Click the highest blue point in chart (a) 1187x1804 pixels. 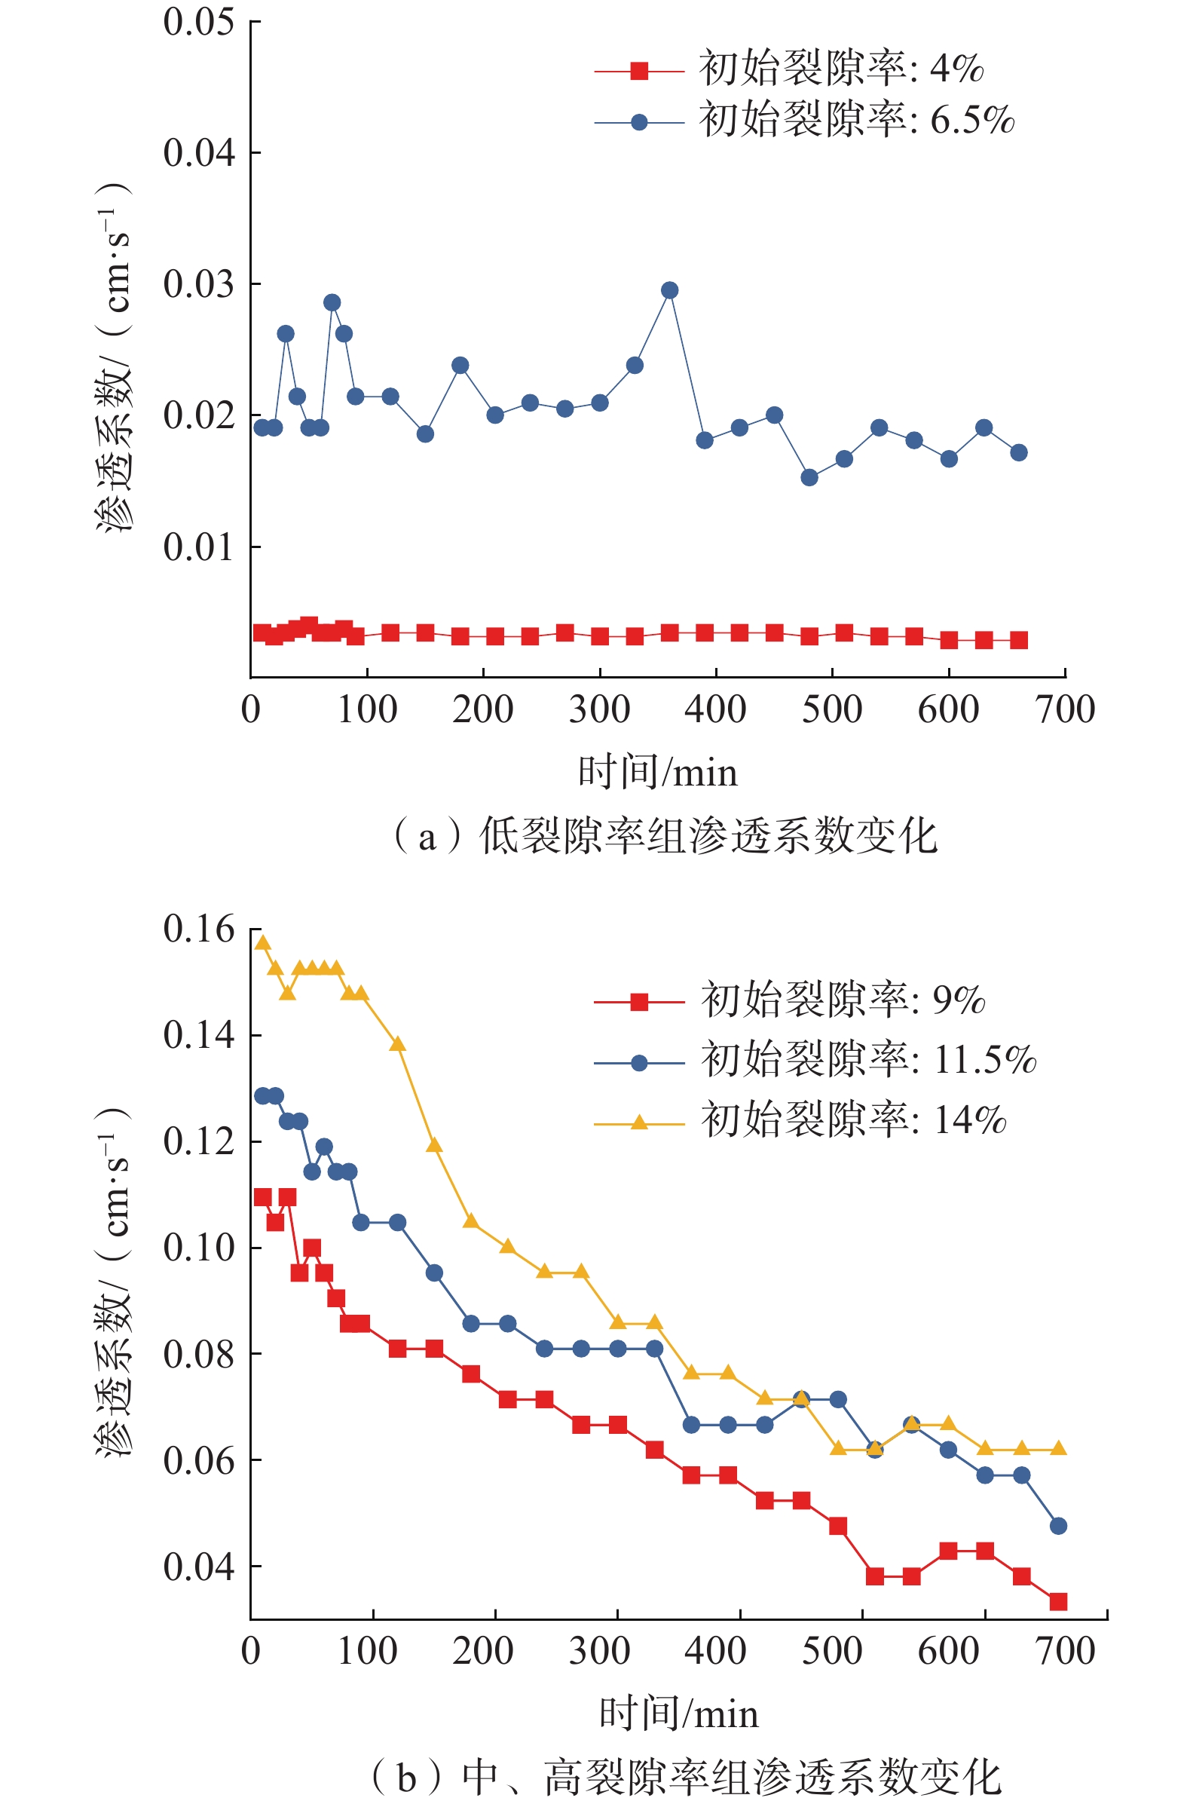669,290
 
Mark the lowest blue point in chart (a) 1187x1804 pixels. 809,477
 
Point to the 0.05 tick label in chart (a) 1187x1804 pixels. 199,22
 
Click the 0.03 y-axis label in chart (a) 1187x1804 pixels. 199,284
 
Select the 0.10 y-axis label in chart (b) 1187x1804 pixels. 199,1247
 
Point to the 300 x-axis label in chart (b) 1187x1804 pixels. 600,1652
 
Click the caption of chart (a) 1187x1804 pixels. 665,837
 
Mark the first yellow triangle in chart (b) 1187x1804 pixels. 263,943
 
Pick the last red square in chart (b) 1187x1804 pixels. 1058,1602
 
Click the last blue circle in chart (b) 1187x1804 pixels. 1058,1526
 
